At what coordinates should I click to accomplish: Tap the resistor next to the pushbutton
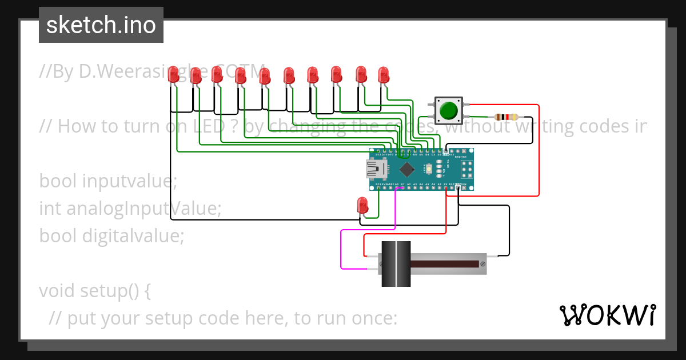point(506,117)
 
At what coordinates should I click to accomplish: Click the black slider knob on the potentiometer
point(396,264)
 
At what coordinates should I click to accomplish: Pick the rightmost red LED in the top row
point(384,75)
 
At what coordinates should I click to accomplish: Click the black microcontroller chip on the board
point(406,169)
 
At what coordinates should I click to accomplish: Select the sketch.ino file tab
point(101,25)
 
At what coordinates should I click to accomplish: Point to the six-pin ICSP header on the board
point(466,170)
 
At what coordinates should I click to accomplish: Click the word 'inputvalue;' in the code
point(130,181)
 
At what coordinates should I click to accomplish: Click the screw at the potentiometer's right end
point(483,264)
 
